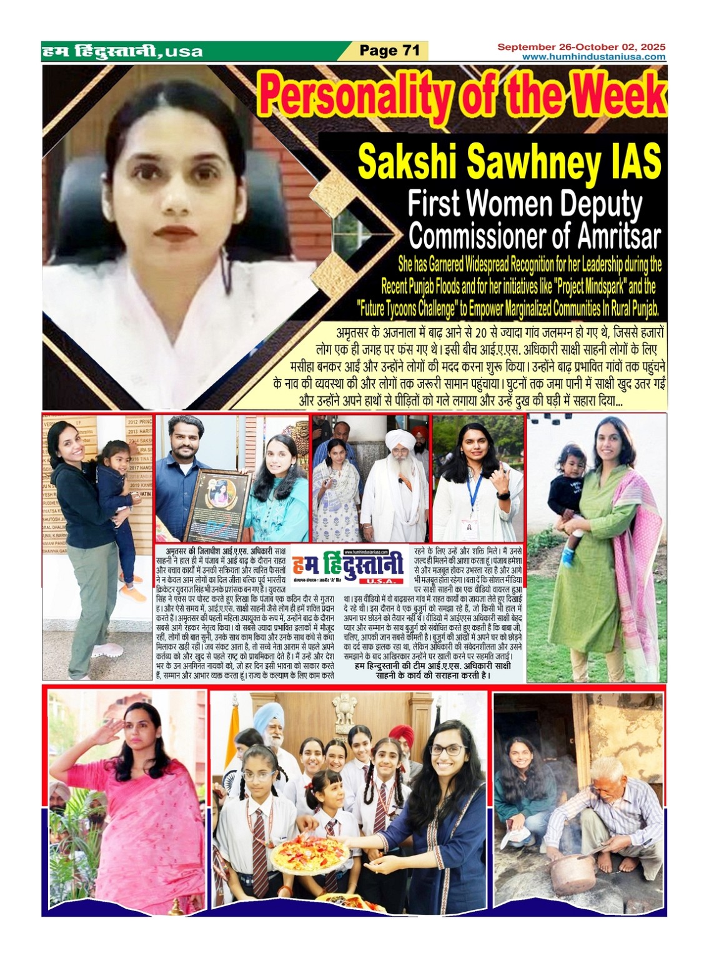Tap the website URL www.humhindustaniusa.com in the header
click(x=593, y=57)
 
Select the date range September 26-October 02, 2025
click(x=581, y=47)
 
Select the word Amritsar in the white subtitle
click(x=618, y=237)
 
